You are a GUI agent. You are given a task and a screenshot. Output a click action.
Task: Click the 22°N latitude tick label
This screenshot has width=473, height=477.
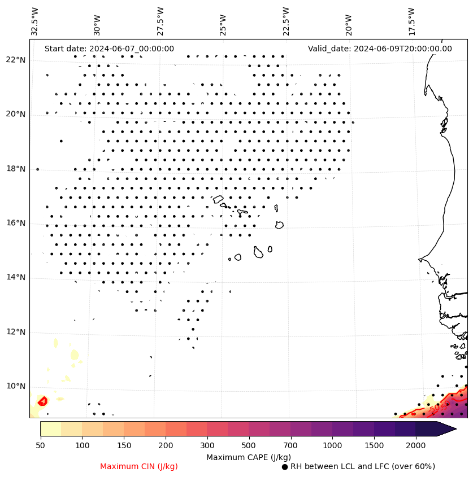point(15,60)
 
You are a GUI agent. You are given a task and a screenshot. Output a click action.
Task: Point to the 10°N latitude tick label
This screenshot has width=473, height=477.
point(15,387)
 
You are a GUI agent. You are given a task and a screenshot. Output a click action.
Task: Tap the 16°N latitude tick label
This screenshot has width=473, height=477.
point(15,223)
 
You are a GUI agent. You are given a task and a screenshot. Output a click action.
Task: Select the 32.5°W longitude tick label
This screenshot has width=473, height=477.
point(36,21)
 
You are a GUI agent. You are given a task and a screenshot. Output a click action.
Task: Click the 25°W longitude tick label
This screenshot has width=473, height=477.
point(223,23)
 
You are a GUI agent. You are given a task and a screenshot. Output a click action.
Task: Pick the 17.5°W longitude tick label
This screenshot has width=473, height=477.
point(411,21)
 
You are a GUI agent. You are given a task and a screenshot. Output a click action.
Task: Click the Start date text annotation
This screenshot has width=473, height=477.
point(109,49)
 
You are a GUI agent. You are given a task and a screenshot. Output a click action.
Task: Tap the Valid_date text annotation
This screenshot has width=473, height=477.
point(380,49)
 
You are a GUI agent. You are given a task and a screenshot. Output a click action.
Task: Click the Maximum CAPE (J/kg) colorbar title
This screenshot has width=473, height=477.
point(248,457)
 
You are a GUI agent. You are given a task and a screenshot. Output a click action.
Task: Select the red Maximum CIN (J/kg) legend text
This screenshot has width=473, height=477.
point(138,467)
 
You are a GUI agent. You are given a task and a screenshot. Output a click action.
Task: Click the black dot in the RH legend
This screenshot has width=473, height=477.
point(285,467)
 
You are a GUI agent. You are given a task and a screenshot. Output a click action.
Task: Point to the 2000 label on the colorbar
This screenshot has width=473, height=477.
point(416,446)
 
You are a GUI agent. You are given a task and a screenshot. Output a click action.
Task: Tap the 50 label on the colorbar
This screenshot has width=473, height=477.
point(40,446)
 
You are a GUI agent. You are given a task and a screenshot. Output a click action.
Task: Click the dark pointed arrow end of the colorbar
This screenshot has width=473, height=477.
point(446,428)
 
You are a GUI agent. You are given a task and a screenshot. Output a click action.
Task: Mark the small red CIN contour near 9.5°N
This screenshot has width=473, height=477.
point(42,401)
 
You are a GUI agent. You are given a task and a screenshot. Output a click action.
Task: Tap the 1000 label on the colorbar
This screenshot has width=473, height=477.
point(332,446)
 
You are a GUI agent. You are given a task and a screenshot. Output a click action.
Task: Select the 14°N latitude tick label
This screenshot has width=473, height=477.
point(15,277)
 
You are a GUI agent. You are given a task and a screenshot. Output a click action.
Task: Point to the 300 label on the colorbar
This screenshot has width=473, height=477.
point(207,446)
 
